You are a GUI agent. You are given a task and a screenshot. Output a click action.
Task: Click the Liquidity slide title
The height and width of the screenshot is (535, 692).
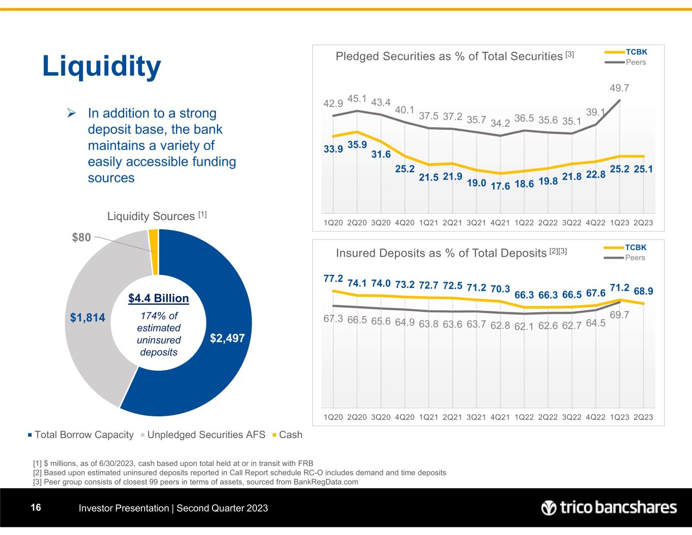coord(101,67)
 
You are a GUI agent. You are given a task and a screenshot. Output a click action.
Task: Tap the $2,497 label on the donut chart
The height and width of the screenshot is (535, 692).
coord(228,339)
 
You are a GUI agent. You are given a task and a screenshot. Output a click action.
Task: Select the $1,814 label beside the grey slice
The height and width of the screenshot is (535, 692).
coord(88,318)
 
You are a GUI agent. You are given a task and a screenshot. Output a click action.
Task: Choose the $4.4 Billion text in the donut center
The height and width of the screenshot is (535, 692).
coord(158,298)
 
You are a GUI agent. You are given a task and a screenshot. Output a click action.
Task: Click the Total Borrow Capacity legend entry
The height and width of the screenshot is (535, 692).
coord(81,435)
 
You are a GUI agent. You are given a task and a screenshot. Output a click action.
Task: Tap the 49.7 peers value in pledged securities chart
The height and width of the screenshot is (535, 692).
coord(620,88)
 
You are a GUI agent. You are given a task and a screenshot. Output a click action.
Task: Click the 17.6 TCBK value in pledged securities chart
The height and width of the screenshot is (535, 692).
coord(500,186)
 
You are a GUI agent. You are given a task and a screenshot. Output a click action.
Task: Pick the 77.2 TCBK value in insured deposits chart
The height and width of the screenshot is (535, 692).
coord(333,278)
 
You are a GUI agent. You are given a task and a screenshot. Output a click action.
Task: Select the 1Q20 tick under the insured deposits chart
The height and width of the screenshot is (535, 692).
coord(333,417)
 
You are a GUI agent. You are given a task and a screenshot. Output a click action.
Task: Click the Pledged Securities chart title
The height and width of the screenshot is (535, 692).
coord(449,56)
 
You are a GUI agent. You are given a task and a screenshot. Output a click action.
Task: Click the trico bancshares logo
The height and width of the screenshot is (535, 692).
coord(609,508)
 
